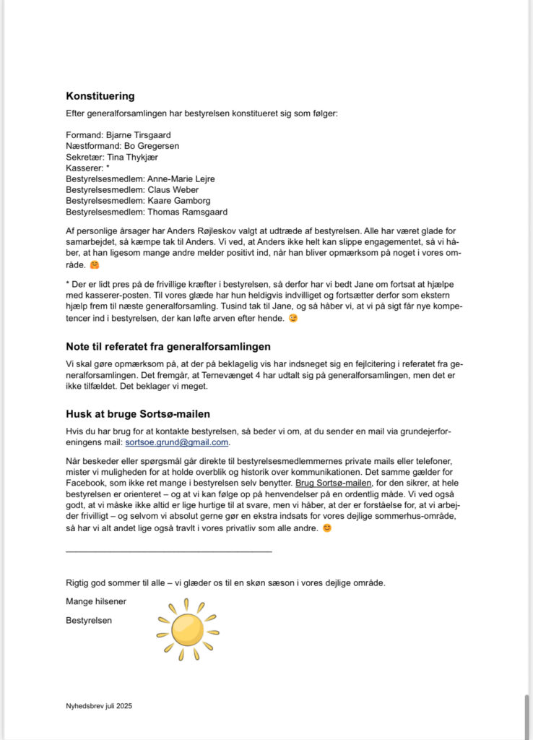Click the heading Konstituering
(x=100, y=96)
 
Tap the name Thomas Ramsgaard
(x=188, y=212)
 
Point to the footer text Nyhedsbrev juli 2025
(x=99, y=705)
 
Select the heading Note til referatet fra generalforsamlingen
(x=168, y=347)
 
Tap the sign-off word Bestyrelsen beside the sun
(x=89, y=620)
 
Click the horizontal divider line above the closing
(x=168, y=551)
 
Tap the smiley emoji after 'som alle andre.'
(x=327, y=528)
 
